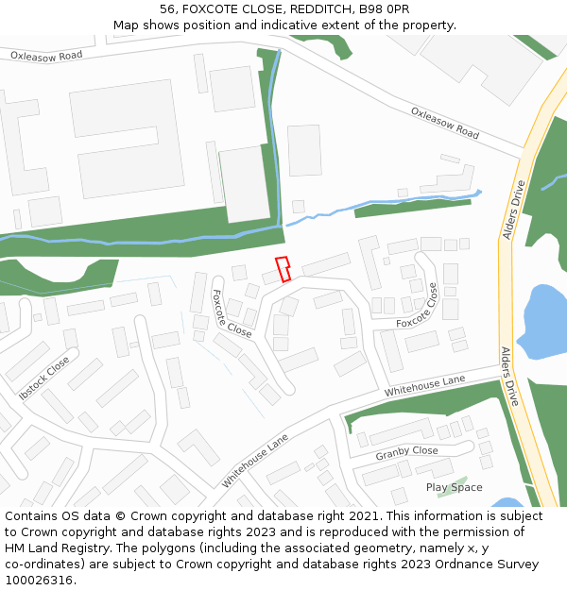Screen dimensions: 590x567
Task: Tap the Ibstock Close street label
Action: pos(44,377)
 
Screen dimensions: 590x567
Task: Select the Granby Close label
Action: pos(406,452)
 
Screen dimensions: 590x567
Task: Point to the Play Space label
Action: pos(454,488)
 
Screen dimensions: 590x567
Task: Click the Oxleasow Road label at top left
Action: pos(46,56)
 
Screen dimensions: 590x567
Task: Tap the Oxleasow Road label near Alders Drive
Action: pos(444,123)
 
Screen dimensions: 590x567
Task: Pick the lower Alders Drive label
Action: pos(509,377)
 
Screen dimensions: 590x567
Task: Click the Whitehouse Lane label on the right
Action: pos(425,385)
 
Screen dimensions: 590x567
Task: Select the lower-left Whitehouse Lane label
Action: pos(254,461)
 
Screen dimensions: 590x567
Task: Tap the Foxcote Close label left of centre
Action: pos(231,313)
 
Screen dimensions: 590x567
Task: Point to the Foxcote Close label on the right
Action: pos(418,306)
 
